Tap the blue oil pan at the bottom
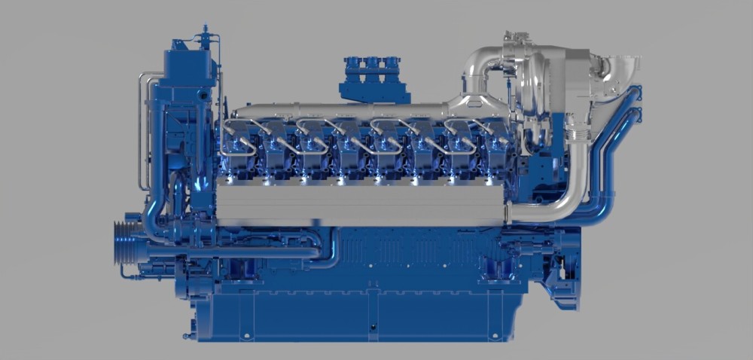(x=354, y=316)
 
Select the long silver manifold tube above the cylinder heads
(x=339, y=111)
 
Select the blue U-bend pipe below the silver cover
(x=324, y=249)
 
